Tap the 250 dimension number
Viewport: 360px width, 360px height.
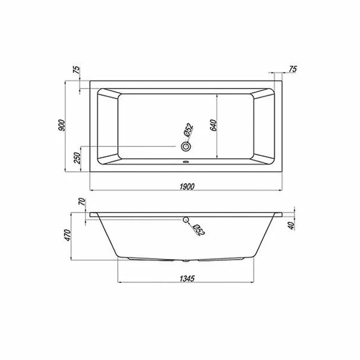[x=77, y=159]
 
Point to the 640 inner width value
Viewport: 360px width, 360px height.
[x=213, y=124]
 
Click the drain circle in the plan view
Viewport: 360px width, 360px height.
[x=186, y=146]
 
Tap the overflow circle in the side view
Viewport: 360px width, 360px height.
[x=186, y=220]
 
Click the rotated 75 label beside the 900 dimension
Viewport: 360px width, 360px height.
[x=77, y=70]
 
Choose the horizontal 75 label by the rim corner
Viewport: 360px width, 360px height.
[x=293, y=70]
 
